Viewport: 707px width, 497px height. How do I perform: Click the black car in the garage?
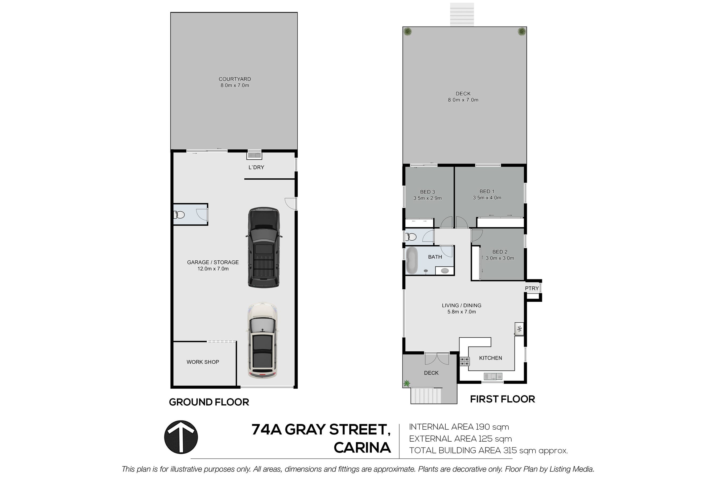click(x=264, y=248)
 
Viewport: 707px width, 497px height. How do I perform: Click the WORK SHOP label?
click(x=203, y=362)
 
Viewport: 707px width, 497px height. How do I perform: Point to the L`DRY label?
click(x=257, y=167)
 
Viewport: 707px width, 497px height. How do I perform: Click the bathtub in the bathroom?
click(x=411, y=261)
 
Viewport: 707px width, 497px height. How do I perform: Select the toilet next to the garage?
click(x=179, y=214)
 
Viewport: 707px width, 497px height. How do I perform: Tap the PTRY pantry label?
click(x=532, y=288)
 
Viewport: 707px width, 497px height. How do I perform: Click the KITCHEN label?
click(x=491, y=358)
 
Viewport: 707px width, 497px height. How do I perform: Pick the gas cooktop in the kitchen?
click(x=465, y=361)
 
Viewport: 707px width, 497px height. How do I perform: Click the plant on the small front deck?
click(x=407, y=383)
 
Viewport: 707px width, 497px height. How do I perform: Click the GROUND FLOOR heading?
click(x=209, y=402)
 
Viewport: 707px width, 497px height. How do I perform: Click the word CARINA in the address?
click(x=363, y=448)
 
